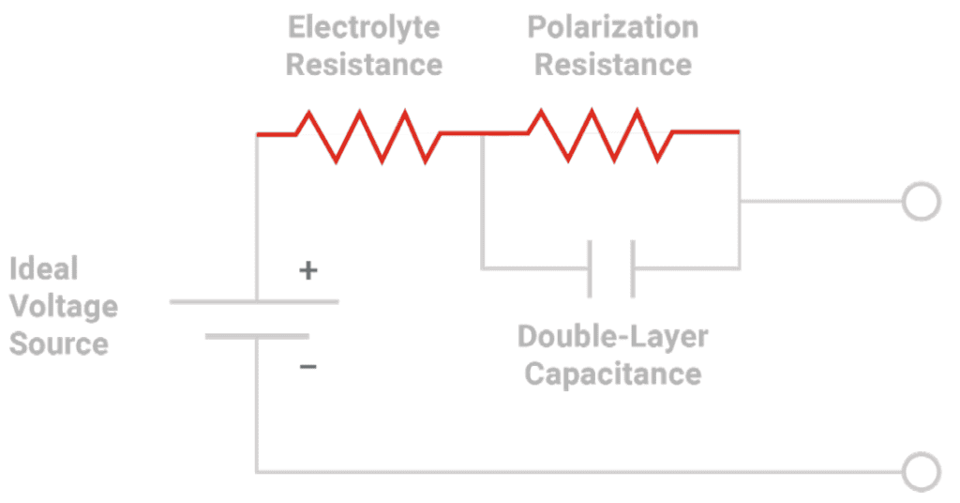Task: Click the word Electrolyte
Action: [x=364, y=28]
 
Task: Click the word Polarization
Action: [x=613, y=27]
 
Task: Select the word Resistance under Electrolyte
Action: [x=365, y=65]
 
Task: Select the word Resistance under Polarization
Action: [x=613, y=65]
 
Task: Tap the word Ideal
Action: [x=44, y=268]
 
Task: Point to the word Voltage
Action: [x=64, y=307]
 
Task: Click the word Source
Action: [x=59, y=343]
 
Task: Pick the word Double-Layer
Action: [x=613, y=337]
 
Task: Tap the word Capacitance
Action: [x=613, y=373]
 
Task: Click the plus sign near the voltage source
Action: [x=307, y=270]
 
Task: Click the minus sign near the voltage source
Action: [x=307, y=366]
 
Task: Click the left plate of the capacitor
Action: [x=590, y=269]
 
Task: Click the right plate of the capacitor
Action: [x=633, y=269]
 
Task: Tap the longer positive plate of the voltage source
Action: [x=254, y=301]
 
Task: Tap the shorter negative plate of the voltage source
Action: [x=257, y=336]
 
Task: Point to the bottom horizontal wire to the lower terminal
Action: [x=579, y=472]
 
